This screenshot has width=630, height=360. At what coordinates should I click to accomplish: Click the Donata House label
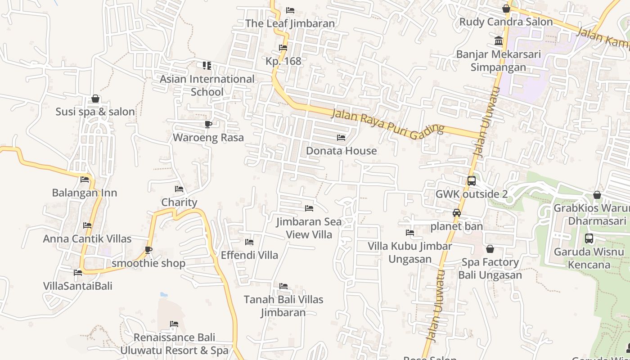point(341,151)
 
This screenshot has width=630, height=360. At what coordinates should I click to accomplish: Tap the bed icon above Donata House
point(341,137)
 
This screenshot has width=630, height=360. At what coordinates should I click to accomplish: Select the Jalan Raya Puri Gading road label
point(387,122)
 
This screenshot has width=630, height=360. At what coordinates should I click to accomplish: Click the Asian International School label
point(207,85)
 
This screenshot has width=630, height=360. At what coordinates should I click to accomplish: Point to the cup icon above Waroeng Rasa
point(208,124)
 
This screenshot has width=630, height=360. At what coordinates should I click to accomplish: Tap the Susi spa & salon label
point(95,112)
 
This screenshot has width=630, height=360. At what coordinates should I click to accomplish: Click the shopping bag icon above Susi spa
point(95,99)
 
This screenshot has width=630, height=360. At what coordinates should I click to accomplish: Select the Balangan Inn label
point(85,193)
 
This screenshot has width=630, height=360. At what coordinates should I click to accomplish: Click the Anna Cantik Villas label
point(87,238)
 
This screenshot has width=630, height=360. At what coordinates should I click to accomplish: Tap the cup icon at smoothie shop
point(148,250)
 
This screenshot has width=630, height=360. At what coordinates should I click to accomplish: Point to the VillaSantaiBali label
point(78,286)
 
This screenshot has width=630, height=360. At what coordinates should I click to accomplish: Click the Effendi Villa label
point(249,255)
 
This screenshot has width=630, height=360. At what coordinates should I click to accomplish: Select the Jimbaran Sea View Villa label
point(309,228)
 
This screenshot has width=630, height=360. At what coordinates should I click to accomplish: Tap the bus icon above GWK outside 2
point(471,181)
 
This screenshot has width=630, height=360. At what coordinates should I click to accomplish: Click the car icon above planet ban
point(457,213)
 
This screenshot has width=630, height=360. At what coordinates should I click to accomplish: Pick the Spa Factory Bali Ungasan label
point(490,269)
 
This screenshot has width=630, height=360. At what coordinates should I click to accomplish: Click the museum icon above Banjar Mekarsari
point(499,41)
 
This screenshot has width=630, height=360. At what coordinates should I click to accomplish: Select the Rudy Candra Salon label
point(506,22)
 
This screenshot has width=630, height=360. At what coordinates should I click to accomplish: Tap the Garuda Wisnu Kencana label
point(589,258)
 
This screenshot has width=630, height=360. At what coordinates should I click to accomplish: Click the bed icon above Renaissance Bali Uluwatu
point(174,324)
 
